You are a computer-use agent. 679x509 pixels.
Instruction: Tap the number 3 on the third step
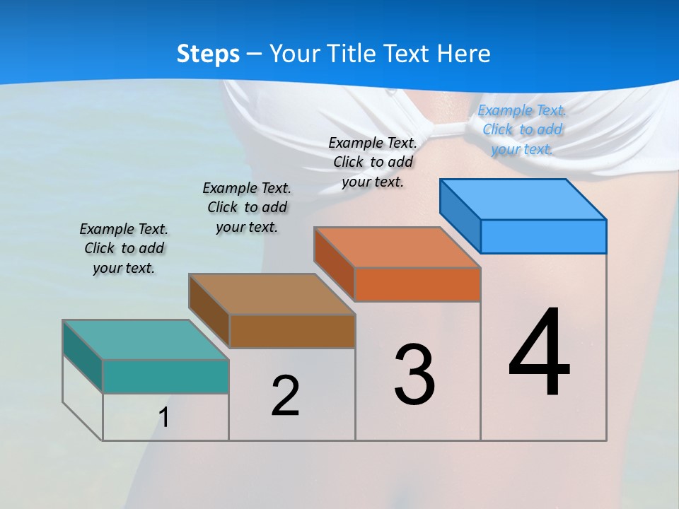pyautogui.click(x=414, y=374)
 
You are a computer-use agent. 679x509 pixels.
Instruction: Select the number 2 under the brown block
pyautogui.click(x=285, y=396)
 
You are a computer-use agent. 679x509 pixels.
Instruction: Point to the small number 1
pyautogui.click(x=163, y=418)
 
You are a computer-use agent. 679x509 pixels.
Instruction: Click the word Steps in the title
pyautogui.click(x=208, y=54)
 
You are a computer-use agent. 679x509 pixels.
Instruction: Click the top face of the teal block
pyautogui.click(x=146, y=339)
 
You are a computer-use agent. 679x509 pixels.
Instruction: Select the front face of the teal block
pyautogui.click(x=166, y=376)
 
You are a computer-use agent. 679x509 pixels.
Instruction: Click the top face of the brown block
pyautogui.click(x=272, y=293)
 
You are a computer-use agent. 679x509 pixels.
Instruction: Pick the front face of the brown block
pyautogui.click(x=292, y=331)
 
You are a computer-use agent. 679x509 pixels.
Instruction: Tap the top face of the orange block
pyautogui.click(x=397, y=247)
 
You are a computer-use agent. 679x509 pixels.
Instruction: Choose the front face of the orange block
pyautogui.click(x=417, y=284)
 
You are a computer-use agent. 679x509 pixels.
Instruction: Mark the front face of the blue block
pyautogui.click(x=543, y=236)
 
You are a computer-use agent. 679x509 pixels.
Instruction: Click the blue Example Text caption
pyautogui.click(x=523, y=129)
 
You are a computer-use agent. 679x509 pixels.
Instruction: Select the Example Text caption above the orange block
pyautogui.click(x=373, y=162)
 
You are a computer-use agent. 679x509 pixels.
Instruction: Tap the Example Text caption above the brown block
pyautogui.click(x=247, y=207)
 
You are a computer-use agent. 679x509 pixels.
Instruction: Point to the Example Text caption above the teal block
pyautogui.click(x=124, y=248)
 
